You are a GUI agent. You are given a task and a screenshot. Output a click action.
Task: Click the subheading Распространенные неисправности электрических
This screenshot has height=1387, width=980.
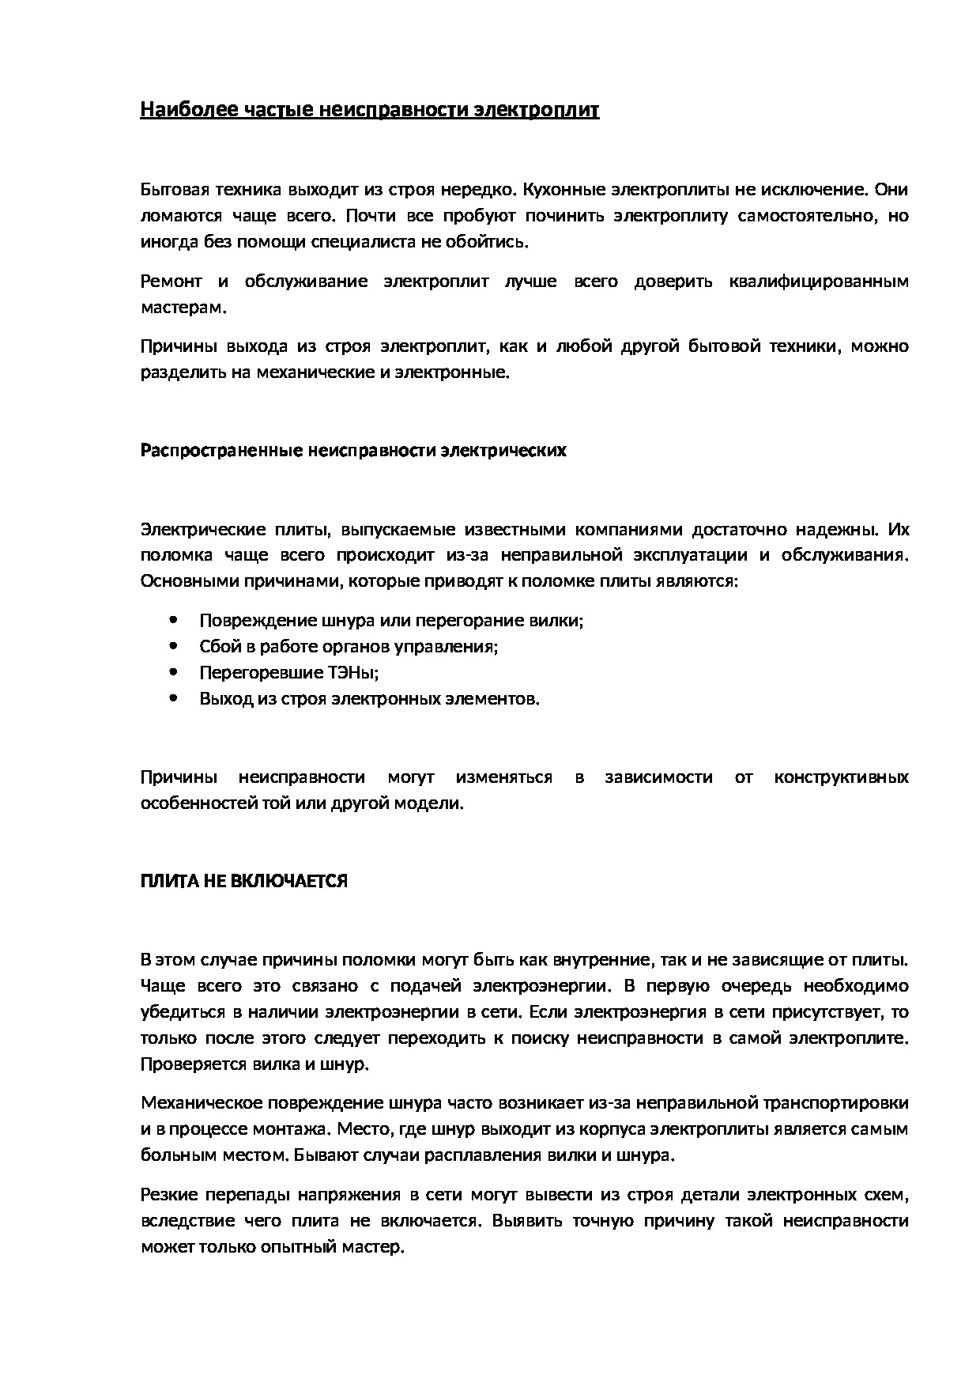pos(353,451)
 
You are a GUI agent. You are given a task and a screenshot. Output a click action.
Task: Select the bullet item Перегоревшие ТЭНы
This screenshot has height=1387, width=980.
pos(288,673)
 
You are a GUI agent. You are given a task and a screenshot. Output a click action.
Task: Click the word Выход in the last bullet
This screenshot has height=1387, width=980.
pos(224,699)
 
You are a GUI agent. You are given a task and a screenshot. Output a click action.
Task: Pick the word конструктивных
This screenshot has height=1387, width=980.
pos(841,777)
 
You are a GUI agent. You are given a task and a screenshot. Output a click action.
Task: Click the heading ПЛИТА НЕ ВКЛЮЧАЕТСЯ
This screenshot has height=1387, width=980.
pos(243,881)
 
